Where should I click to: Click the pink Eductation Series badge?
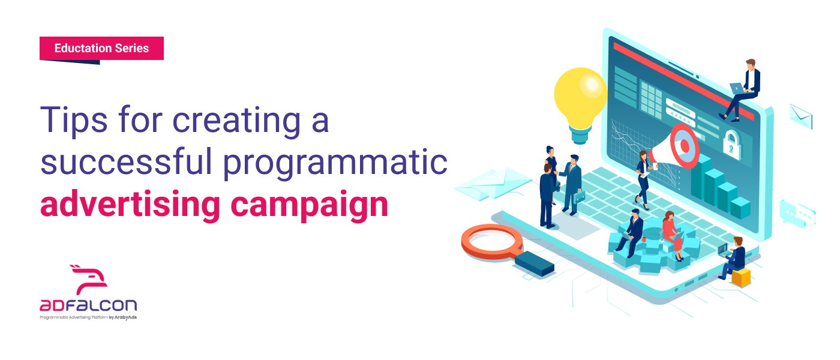101,49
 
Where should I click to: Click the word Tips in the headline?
74,120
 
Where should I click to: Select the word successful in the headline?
126,162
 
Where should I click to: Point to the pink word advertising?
130,205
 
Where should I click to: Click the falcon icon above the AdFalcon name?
89,280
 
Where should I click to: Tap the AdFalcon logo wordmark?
88,305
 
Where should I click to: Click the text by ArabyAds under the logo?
123,317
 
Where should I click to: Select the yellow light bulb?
580,103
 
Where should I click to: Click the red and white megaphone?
675,147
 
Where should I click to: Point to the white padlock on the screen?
731,145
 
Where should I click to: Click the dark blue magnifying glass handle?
535,263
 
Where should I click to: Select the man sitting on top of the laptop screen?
740,90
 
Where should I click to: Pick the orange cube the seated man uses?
741,277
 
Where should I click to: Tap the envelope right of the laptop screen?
800,116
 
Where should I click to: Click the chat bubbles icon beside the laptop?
797,214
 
